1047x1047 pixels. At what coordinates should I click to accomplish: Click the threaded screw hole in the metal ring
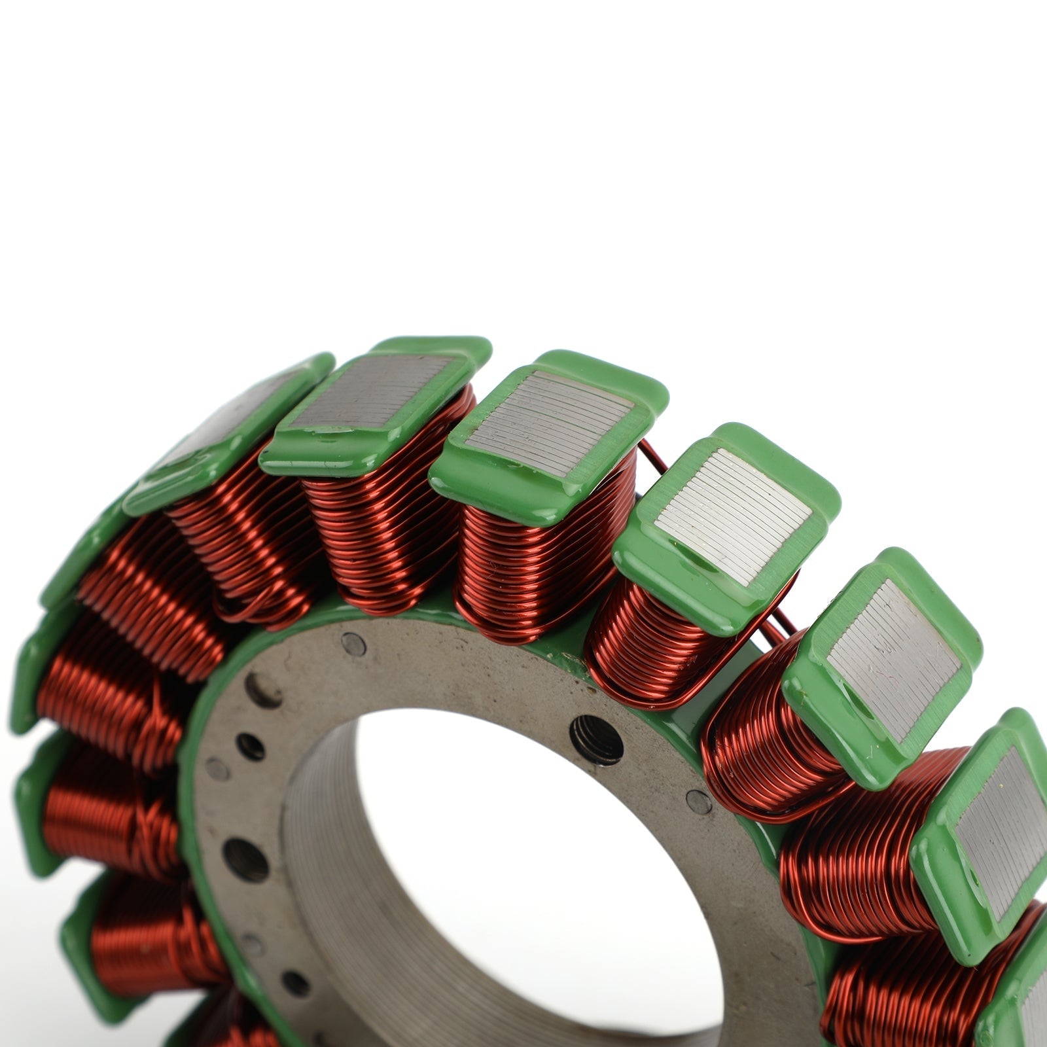pyautogui.click(x=596, y=739)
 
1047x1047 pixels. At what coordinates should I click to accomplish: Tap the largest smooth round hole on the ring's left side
pyautogui.click(x=245, y=859)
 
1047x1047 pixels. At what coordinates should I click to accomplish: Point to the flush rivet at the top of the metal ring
pyautogui.click(x=354, y=645)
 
